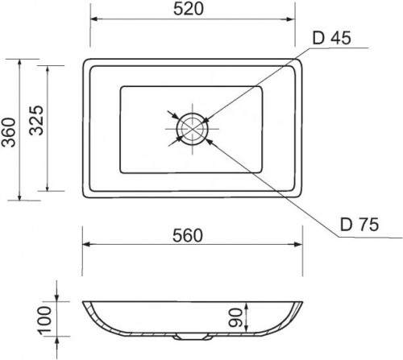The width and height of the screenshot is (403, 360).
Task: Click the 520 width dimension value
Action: (189, 9)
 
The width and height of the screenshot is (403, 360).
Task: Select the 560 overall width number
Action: (188, 235)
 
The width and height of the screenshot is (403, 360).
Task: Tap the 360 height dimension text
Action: (9, 132)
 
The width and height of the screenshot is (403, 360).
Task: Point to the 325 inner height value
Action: (36, 120)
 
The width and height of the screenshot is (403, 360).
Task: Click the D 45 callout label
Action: (331, 38)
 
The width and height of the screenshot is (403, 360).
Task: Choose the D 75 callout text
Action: (359, 224)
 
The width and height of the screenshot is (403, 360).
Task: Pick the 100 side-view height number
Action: (45, 321)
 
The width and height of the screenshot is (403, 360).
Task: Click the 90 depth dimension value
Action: (235, 318)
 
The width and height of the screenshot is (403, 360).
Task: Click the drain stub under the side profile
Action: (191, 337)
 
